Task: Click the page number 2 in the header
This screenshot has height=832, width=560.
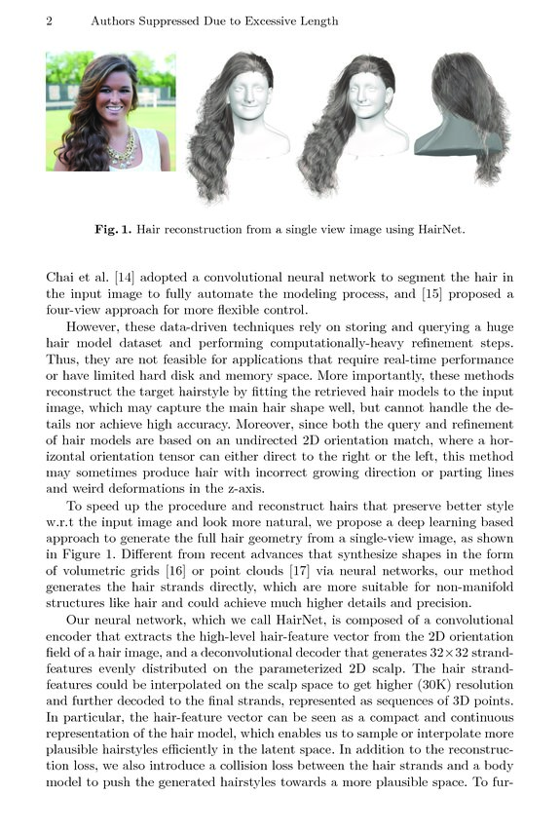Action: point(49,21)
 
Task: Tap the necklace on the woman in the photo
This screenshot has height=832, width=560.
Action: point(122,148)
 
